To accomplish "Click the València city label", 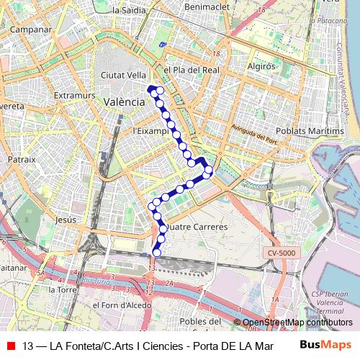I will [x=124, y=102].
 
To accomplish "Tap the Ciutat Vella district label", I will [x=124, y=75].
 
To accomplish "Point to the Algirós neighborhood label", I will [x=261, y=66].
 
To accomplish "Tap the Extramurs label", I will [x=74, y=94].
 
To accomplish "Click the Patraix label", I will [x=22, y=158].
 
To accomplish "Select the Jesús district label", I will [x=66, y=219].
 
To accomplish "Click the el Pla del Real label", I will [x=191, y=71].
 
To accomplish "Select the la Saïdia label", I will [x=130, y=10].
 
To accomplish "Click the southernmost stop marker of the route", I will [x=157, y=253].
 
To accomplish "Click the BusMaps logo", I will [x=325, y=345].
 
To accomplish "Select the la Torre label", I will [x=62, y=289].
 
